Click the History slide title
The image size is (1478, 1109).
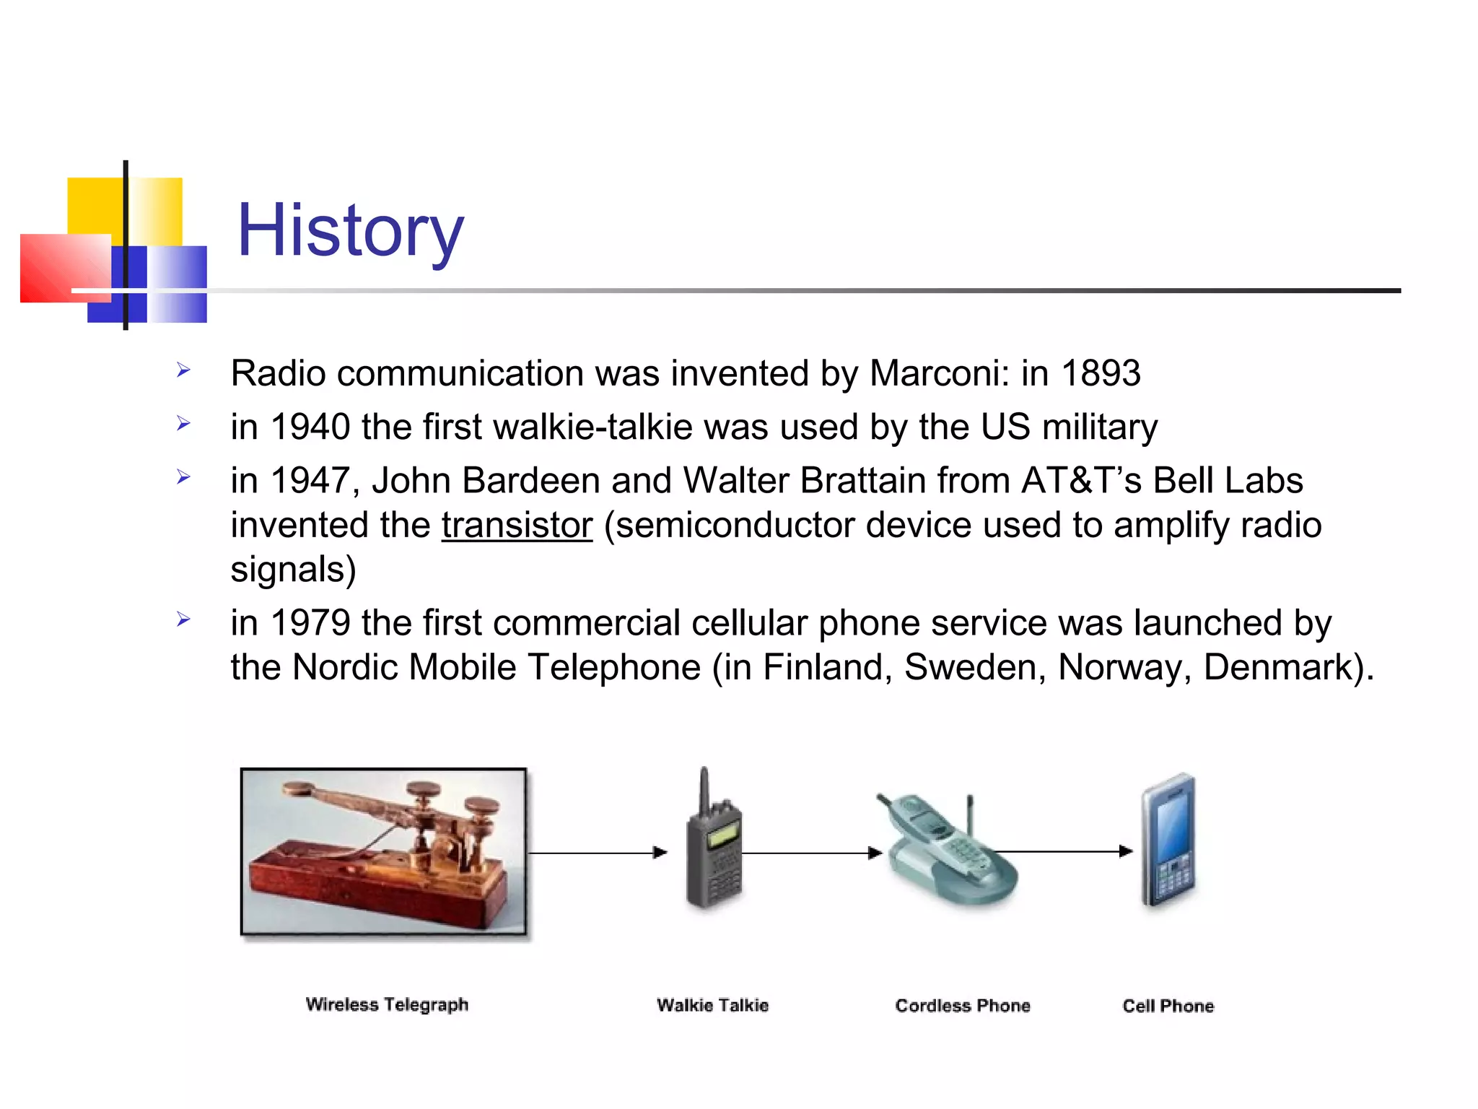tap(350, 231)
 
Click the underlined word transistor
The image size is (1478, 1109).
tap(517, 525)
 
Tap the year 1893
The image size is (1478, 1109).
tap(1101, 373)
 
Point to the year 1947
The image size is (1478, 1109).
tap(310, 481)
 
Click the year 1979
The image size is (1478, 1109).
tap(310, 622)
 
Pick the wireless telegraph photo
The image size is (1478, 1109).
tap(383, 852)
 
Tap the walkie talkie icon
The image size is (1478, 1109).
tap(713, 845)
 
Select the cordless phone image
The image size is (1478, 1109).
tap(945, 852)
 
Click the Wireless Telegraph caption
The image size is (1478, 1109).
tap(387, 1004)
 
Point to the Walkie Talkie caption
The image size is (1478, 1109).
tap(712, 1005)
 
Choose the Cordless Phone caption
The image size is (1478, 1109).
tap(962, 1006)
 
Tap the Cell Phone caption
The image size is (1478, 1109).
tap(1168, 1006)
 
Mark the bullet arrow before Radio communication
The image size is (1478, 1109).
tap(183, 370)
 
